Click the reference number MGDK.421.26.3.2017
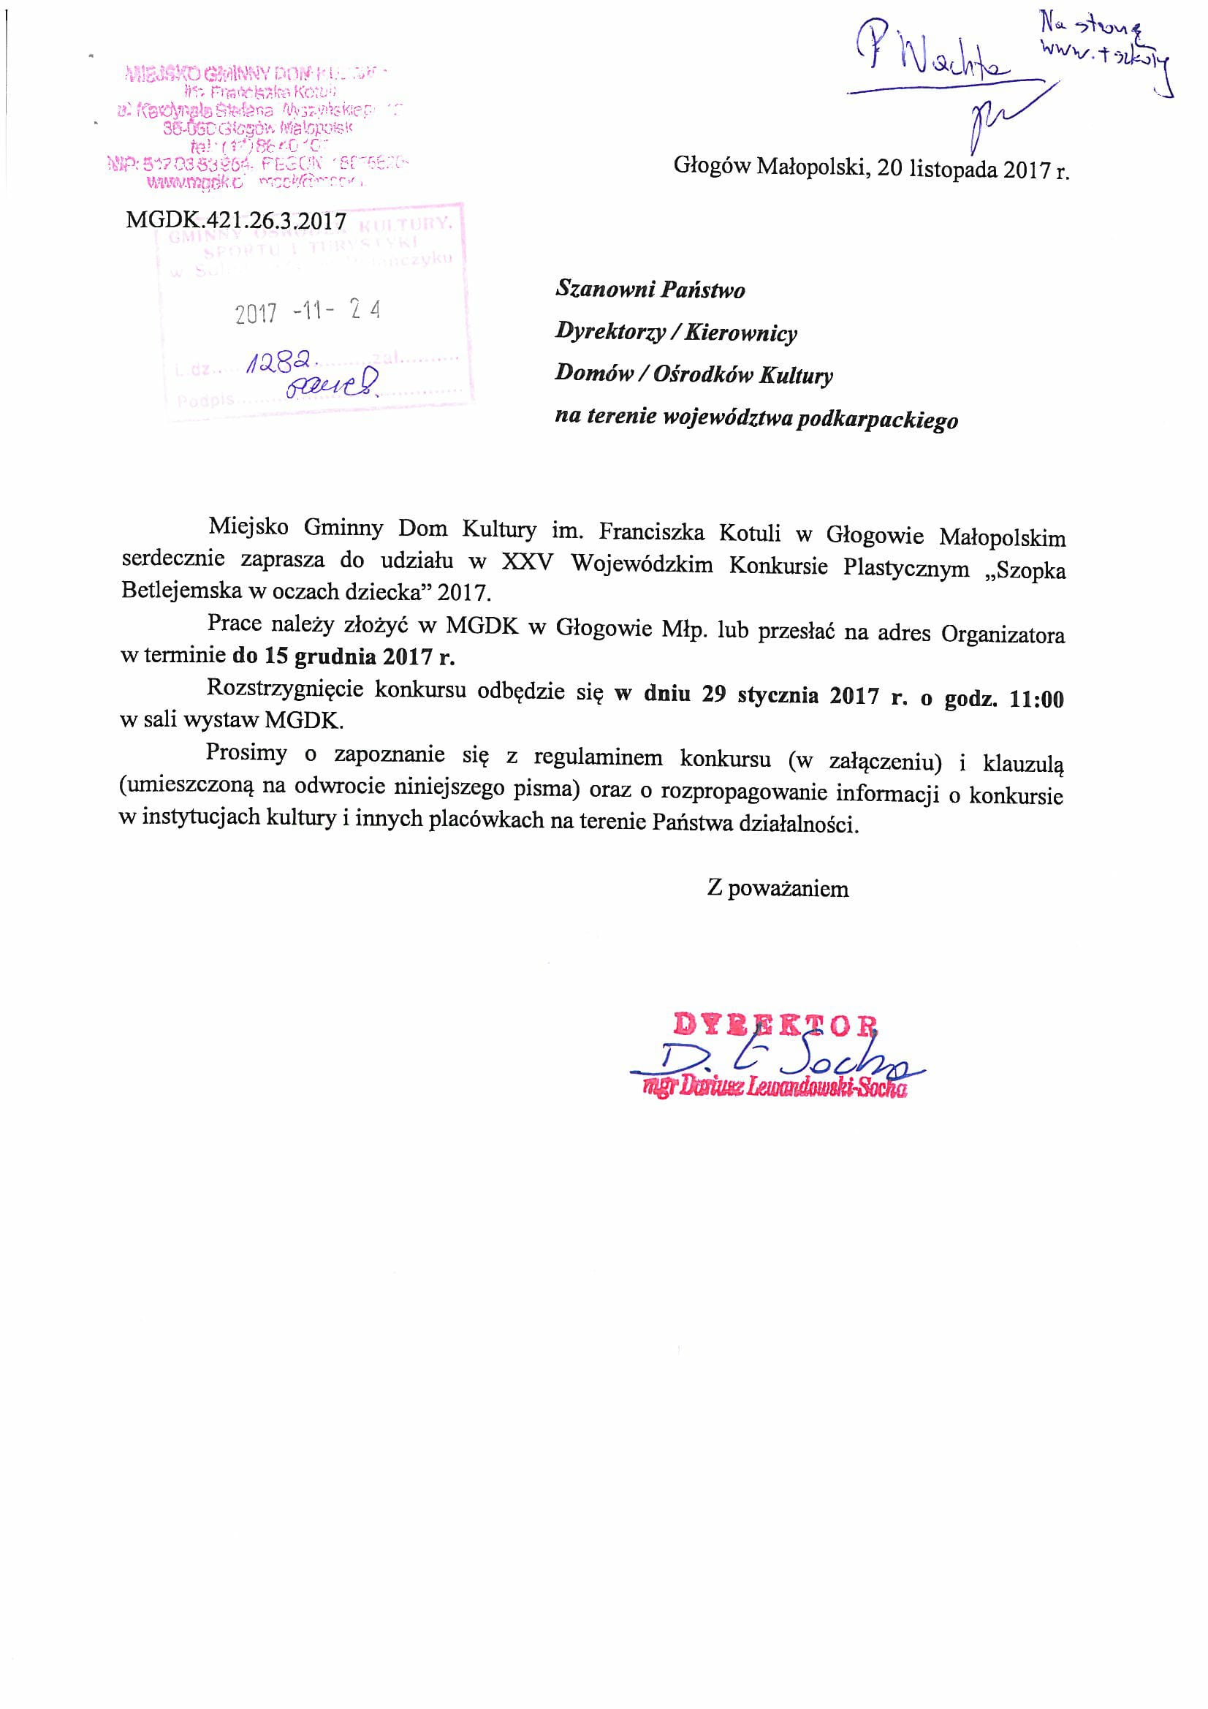coord(236,220)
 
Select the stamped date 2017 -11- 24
coord(308,312)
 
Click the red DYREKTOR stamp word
coord(775,1025)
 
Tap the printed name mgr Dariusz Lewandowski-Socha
coord(776,1089)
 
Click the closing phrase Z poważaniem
coord(778,889)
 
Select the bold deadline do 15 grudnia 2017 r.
coord(343,656)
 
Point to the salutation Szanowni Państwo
coord(650,289)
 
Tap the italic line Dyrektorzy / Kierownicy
coord(676,332)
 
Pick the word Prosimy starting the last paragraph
coord(246,754)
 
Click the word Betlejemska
coord(181,591)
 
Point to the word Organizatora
coord(1003,634)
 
